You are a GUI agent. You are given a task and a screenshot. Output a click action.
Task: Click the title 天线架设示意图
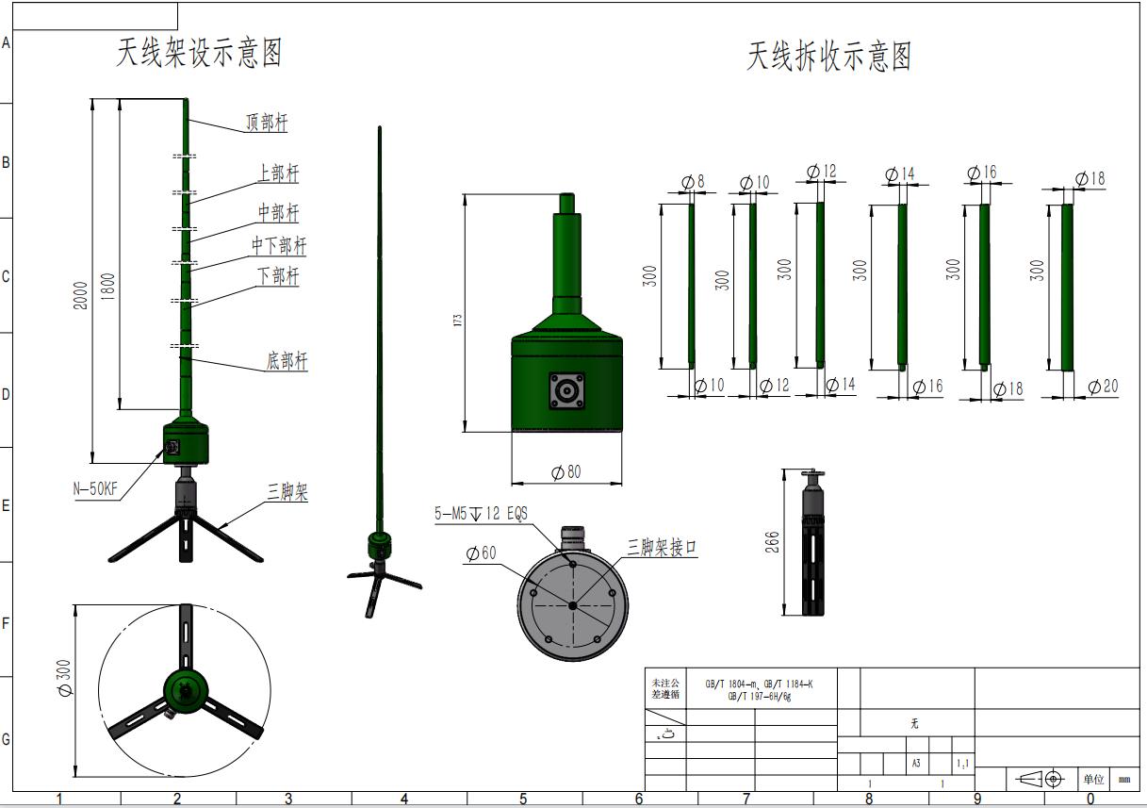199,53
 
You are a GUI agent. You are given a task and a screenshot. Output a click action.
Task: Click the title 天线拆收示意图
829,57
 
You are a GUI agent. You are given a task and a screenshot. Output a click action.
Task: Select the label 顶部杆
267,124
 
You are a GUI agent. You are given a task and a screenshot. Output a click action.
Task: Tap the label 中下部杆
279,246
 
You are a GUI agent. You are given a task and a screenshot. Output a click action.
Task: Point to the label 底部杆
287,361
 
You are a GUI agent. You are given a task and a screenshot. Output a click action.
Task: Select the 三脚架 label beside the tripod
287,491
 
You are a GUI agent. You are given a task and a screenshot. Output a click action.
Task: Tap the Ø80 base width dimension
565,471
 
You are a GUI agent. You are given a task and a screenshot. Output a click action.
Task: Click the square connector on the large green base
566,390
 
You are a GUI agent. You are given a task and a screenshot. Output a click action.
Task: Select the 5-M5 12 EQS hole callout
481,514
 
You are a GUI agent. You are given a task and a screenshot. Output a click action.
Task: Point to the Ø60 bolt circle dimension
481,553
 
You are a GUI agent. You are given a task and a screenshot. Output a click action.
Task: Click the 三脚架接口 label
663,548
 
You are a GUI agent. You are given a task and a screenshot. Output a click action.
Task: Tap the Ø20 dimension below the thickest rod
1103,387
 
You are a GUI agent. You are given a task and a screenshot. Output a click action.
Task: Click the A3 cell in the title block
915,764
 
